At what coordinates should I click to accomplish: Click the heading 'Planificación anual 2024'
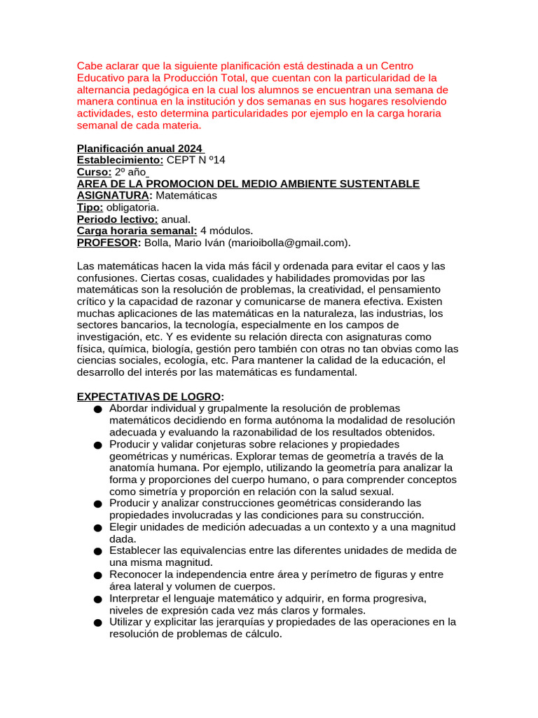coord(139,149)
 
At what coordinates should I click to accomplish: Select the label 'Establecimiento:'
coord(120,160)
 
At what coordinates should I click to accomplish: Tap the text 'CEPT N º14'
coord(196,160)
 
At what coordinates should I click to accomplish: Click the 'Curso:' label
coord(94,172)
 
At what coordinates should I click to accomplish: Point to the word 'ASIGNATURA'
coord(112,196)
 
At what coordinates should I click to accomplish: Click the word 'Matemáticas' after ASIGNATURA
coord(186,196)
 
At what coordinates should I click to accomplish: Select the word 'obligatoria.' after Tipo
coord(132,208)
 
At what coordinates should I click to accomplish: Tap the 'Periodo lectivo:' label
coord(118,219)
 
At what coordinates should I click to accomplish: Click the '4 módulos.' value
coord(227,231)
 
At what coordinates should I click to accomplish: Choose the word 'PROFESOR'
coord(107,243)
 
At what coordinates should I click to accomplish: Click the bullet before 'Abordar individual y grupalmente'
coord(97,409)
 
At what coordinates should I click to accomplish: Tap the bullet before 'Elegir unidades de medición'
coord(97,527)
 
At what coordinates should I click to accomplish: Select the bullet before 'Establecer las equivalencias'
coord(97,551)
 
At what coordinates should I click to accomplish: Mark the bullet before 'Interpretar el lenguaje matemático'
coord(97,599)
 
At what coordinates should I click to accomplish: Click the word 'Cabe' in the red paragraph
coord(89,66)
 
